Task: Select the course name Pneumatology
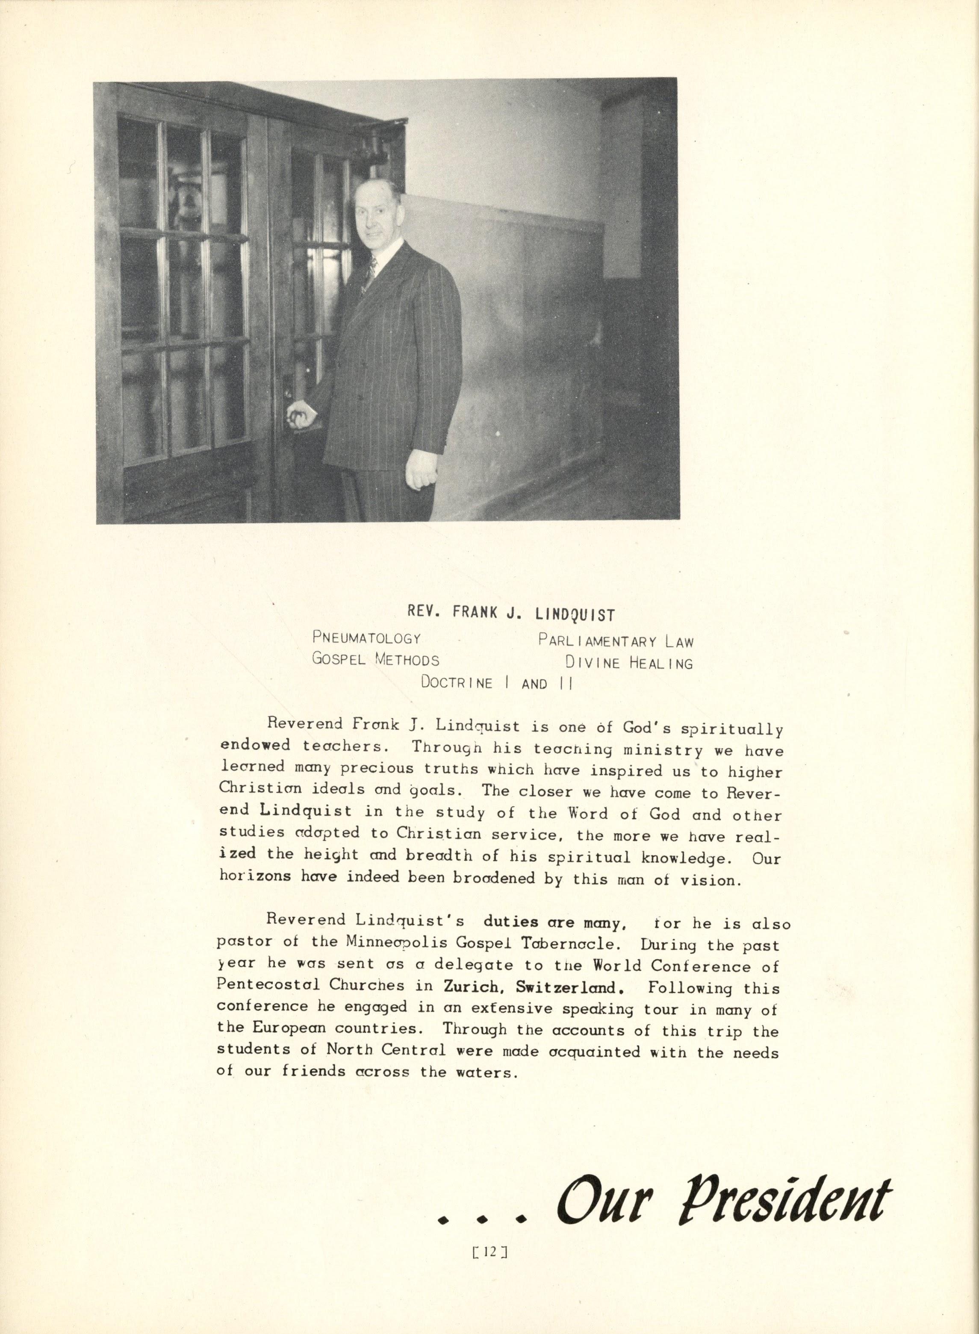pos(366,638)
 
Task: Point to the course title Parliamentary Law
pos(615,641)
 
